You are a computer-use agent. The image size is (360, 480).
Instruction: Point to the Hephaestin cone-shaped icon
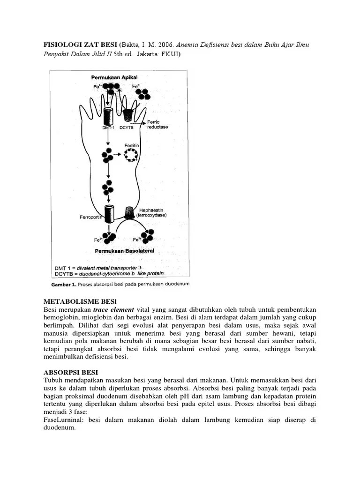coord(130,213)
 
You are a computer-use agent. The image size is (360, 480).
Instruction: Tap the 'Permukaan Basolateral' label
coord(124,251)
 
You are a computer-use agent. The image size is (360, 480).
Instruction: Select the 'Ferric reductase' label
coord(157,125)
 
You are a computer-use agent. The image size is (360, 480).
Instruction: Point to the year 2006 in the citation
coord(166,44)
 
